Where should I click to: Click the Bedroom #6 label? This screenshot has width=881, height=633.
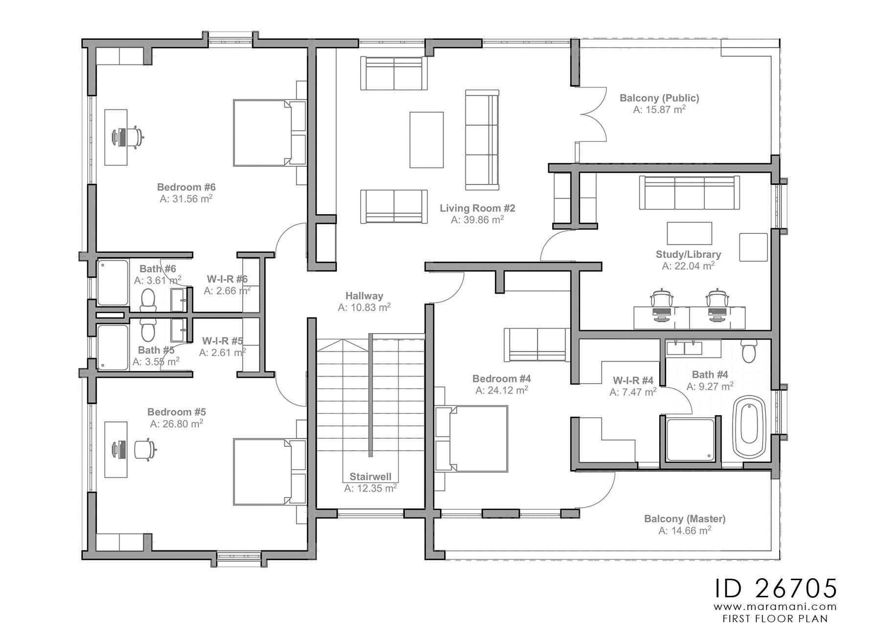[x=186, y=187]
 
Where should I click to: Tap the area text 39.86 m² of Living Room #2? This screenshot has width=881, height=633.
[x=477, y=220]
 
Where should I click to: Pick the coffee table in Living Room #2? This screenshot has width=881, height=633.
[x=426, y=140]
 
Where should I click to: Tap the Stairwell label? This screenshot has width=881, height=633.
[x=370, y=476]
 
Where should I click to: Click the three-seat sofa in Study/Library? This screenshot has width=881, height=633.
[x=689, y=193]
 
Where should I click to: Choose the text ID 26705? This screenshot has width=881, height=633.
[x=776, y=588]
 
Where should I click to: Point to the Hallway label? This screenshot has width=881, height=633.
[x=364, y=295]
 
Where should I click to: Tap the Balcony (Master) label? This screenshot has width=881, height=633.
[x=685, y=519]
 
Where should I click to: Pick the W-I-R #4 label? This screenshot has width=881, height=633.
[x=633, y=381]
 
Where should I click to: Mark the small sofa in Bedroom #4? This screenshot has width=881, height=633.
[x=537, y=344]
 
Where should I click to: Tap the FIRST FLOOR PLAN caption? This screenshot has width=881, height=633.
[x=775, y=618]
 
